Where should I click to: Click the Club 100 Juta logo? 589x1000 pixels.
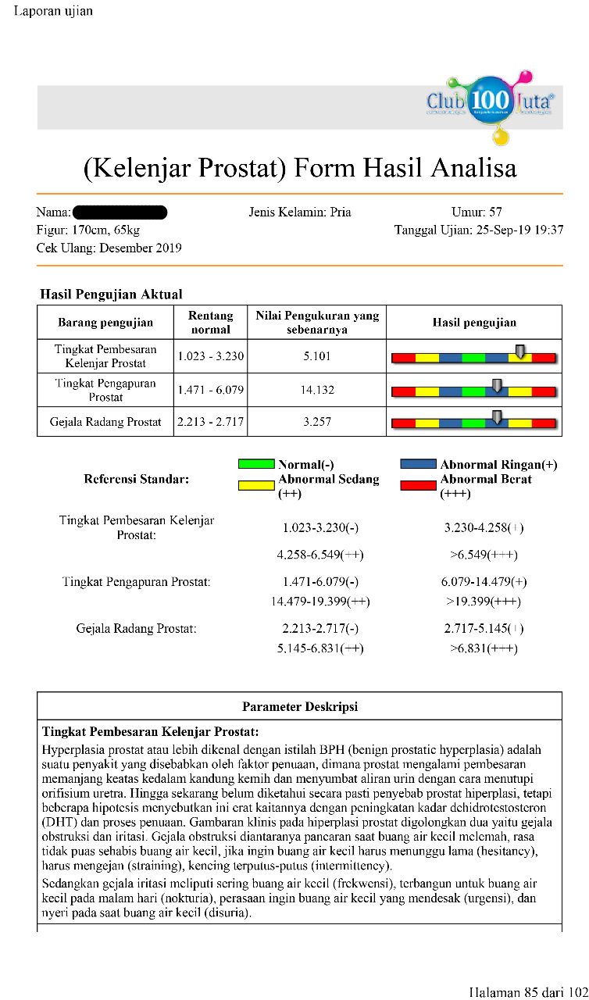click(x=491, y=105)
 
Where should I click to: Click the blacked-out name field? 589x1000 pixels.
click(x=120, y=212)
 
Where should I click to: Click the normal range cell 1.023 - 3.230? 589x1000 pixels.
click(x=211, y=356)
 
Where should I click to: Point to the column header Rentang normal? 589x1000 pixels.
click(x=211, y=322)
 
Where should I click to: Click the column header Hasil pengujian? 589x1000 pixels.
click(x=474, y=322)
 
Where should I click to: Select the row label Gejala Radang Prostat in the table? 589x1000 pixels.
click(x=105, y=422)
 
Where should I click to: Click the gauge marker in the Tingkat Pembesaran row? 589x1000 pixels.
click(x=520, y=351)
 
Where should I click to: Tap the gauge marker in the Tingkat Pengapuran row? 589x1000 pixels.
click(x=496, y=384)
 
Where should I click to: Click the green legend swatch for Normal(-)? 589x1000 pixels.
click(x=256, y=464)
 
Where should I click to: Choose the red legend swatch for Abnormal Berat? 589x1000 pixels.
click(x=419, y=485)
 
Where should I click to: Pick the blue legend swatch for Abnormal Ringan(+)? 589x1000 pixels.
click(x=419, y=464)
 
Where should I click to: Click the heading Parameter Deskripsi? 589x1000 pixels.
click(x=300, y=706)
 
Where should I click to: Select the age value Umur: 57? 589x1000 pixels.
click(x=477, y=212)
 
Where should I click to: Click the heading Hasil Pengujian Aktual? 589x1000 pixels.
click(x=111, y=295)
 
